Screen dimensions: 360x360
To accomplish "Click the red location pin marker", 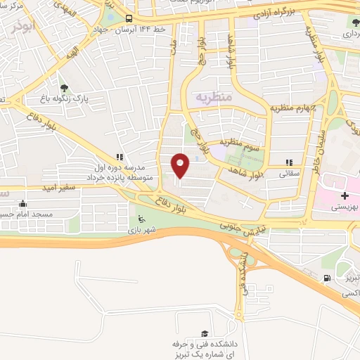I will tap(181, 165).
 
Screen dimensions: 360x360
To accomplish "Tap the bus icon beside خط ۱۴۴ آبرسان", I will tap(128, 19).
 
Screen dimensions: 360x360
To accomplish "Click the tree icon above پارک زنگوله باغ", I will tap(65, 88).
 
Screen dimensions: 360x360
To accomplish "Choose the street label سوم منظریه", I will tap(241, 146).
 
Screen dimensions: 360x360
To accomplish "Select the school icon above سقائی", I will tap(290, 162).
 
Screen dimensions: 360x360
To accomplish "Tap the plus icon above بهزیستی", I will tap(344, 195).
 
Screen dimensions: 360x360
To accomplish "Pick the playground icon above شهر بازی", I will tap(141, 218).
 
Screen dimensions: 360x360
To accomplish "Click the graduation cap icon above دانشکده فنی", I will tap(205, 333).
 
